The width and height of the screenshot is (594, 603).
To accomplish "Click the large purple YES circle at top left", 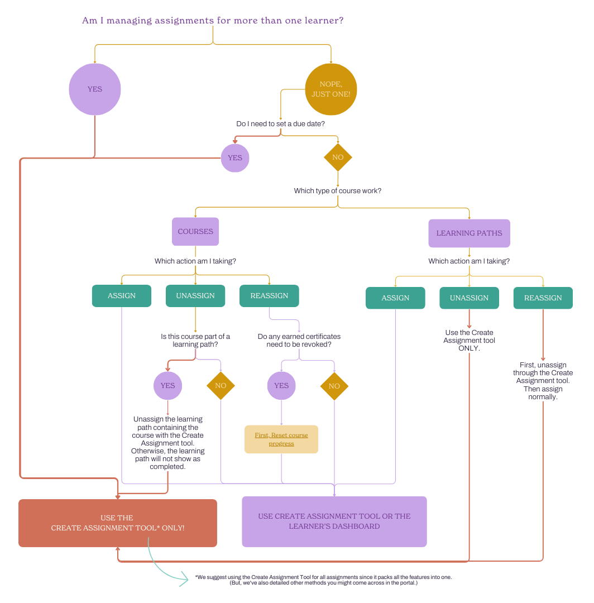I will (x=95, y=89).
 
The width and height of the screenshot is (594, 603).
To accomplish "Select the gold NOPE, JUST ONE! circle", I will (x=331, y=89).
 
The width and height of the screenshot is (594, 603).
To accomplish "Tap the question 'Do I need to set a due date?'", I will (x=280, y=123).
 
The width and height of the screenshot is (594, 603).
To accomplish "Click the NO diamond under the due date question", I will (x=338, y=157).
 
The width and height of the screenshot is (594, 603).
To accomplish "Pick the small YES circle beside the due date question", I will (x=235, y=158).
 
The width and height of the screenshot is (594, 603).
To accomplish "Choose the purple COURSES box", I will (x=195, y=232).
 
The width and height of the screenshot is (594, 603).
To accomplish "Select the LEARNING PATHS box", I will (x=469, y=233).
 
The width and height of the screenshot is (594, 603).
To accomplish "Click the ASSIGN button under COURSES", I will (x=122, y=296).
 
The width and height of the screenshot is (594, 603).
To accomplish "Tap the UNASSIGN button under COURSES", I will (x=195, y=296).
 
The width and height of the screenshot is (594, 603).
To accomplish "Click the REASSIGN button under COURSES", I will (x=270, y=296).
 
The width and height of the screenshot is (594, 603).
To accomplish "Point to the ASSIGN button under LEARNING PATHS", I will (x=395, y=298).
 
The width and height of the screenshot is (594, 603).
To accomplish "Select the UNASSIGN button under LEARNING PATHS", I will (x=469, y=298).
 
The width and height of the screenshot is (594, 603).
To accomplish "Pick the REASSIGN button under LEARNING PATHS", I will (x=543, y=298).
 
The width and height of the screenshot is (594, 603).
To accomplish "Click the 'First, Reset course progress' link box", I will (x=281, y=439).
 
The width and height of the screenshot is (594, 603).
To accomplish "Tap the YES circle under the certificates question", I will (x=281, y=386).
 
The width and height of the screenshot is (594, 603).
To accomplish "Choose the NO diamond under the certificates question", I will (x=334, y=386).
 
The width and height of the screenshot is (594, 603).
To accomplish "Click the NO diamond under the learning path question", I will (x=221, y=386).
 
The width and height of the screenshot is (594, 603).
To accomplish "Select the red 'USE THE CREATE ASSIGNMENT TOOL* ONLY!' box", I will (x=118, y=523).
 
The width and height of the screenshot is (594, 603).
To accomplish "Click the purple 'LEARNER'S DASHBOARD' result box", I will (x=334, y=521).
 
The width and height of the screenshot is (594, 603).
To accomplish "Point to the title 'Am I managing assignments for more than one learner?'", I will (x=213, y=21).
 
